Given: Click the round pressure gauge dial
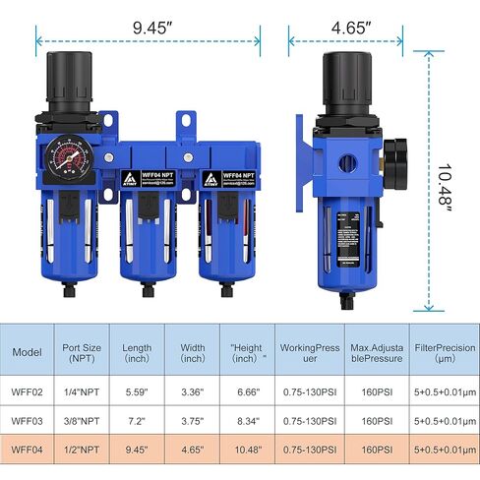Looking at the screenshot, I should [73, 158].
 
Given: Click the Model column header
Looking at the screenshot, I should [27, 352].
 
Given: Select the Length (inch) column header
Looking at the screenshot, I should [138, 352].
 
